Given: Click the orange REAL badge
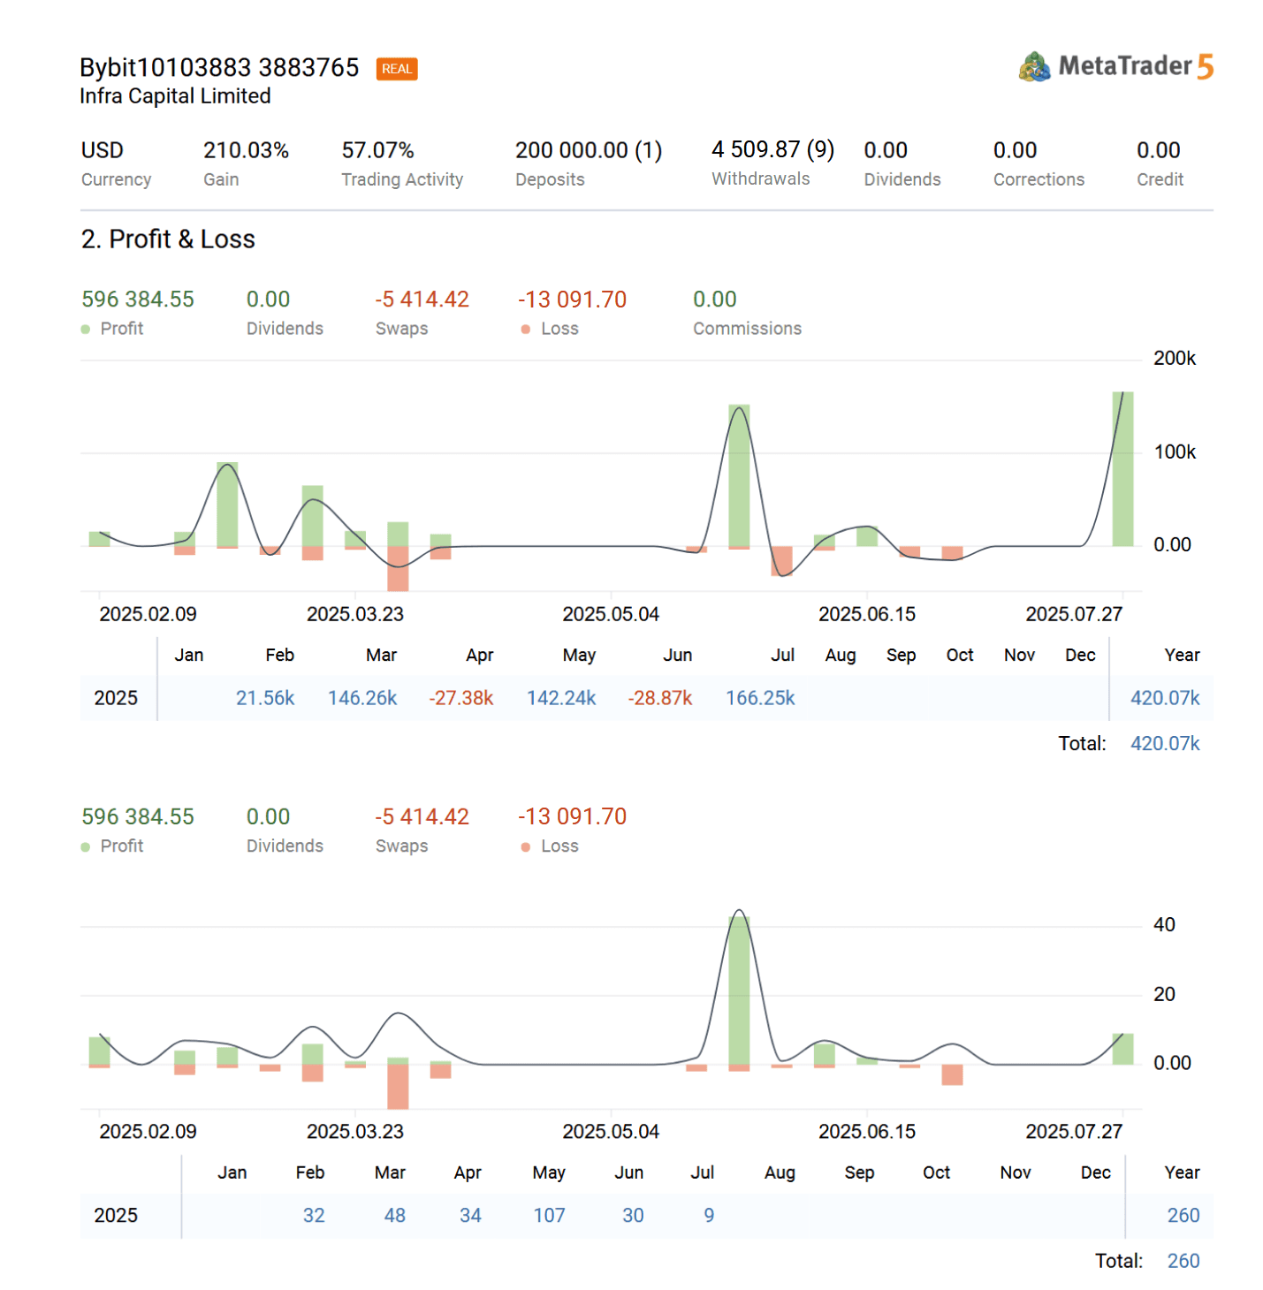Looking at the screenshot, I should point(396,69).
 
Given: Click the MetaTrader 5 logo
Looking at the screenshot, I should point(1115,66).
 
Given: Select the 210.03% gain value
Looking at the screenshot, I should point(246,151).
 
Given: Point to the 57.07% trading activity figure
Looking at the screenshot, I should point(377,151).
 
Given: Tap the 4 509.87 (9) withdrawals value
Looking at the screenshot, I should point(772,150).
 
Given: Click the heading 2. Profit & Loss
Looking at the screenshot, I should point(168,239).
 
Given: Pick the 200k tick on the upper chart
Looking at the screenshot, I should point(1174,359).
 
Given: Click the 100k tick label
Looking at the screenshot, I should point(1174,452).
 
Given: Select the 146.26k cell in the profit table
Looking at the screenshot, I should point(362,698).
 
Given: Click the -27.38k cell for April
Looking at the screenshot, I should point(460,698).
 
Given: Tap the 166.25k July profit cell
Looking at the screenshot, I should point(760,698).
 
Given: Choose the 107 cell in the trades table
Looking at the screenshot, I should point(549,1216).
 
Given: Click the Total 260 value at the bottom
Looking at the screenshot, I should point(1183,1261).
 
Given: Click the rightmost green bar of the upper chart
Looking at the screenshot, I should point(1122,468).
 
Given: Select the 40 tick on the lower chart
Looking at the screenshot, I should point(1164,925).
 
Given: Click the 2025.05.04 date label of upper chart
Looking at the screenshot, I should point(611,614).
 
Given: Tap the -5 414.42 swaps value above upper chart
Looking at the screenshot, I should point(422,300).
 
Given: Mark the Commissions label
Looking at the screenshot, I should point(747,329).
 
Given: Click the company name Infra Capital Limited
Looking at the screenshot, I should point(175,96).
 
